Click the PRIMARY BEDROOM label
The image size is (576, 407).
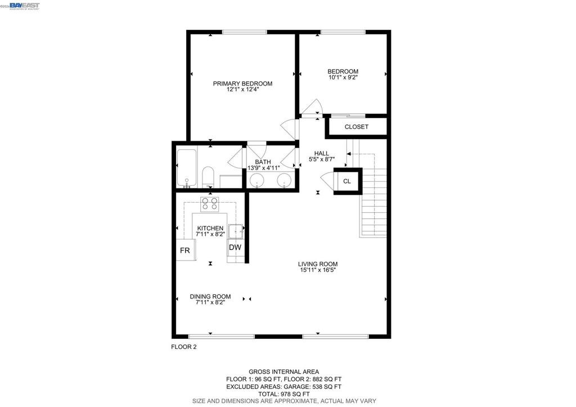pyautogui.click(x=242, y=83)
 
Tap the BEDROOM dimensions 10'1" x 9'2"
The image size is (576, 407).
pyautogui.click(x=343, y=77)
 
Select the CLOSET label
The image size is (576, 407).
pyautogui.click(x=356, y=127)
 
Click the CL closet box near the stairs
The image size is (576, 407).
pyautogui.click(x=348, y=181)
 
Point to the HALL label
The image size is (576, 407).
pyautogui.click(x=321, y=153)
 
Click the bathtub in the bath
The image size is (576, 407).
pyautogui.click(x=187, y=168)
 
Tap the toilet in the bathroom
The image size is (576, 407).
pyautogui.click(x=208, y=177)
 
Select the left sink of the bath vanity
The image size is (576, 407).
pyautogui.click(x=256, y=181)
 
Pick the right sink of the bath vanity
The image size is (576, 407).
pyautogui.click(x=284, y=181)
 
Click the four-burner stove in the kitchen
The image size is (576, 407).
pyautogui.click(x=209, y=204)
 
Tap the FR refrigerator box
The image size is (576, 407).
pyautogui.click(x=186, y=250)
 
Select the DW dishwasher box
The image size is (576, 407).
pyautogui.click(x=235, y=248)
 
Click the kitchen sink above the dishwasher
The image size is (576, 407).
pyautogui.click(x=236, y=231)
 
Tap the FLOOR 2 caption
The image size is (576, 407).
pyautogui.click(x=184, y=347)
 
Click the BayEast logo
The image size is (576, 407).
pyautogui.click(x=24, y=6)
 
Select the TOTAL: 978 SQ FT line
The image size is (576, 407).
pyautogui.click(x=284, y=393)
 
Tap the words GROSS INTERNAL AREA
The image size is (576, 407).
pyautogui.click(x=284, y=372)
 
